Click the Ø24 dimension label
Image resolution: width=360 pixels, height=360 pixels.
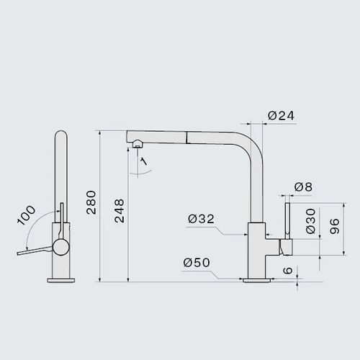pyautogui.click(x=281, y=116)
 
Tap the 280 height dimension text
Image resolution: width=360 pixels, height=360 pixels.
pyautogui.click(x=91, y=202)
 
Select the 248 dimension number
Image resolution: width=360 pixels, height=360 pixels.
pyautogui.click(x=120, y=211)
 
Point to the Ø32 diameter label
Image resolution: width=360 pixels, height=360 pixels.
pyautogui.click(x=201, y=219)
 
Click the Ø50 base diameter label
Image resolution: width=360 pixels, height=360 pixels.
pyautogui.click(x=197, y=263)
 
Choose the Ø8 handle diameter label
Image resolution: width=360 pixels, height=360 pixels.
pyautogui.click(x=303, y=187)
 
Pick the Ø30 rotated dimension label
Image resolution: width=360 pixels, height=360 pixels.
pyautogui.click(x=311, y=221)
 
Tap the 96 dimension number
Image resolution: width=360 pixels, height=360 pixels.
pyautogui.click(x=335, y=226)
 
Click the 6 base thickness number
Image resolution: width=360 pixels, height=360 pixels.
pyautogui.click(x=288, y=271)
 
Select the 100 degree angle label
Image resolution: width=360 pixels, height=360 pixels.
pyautogui.click(x=27, y=215)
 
